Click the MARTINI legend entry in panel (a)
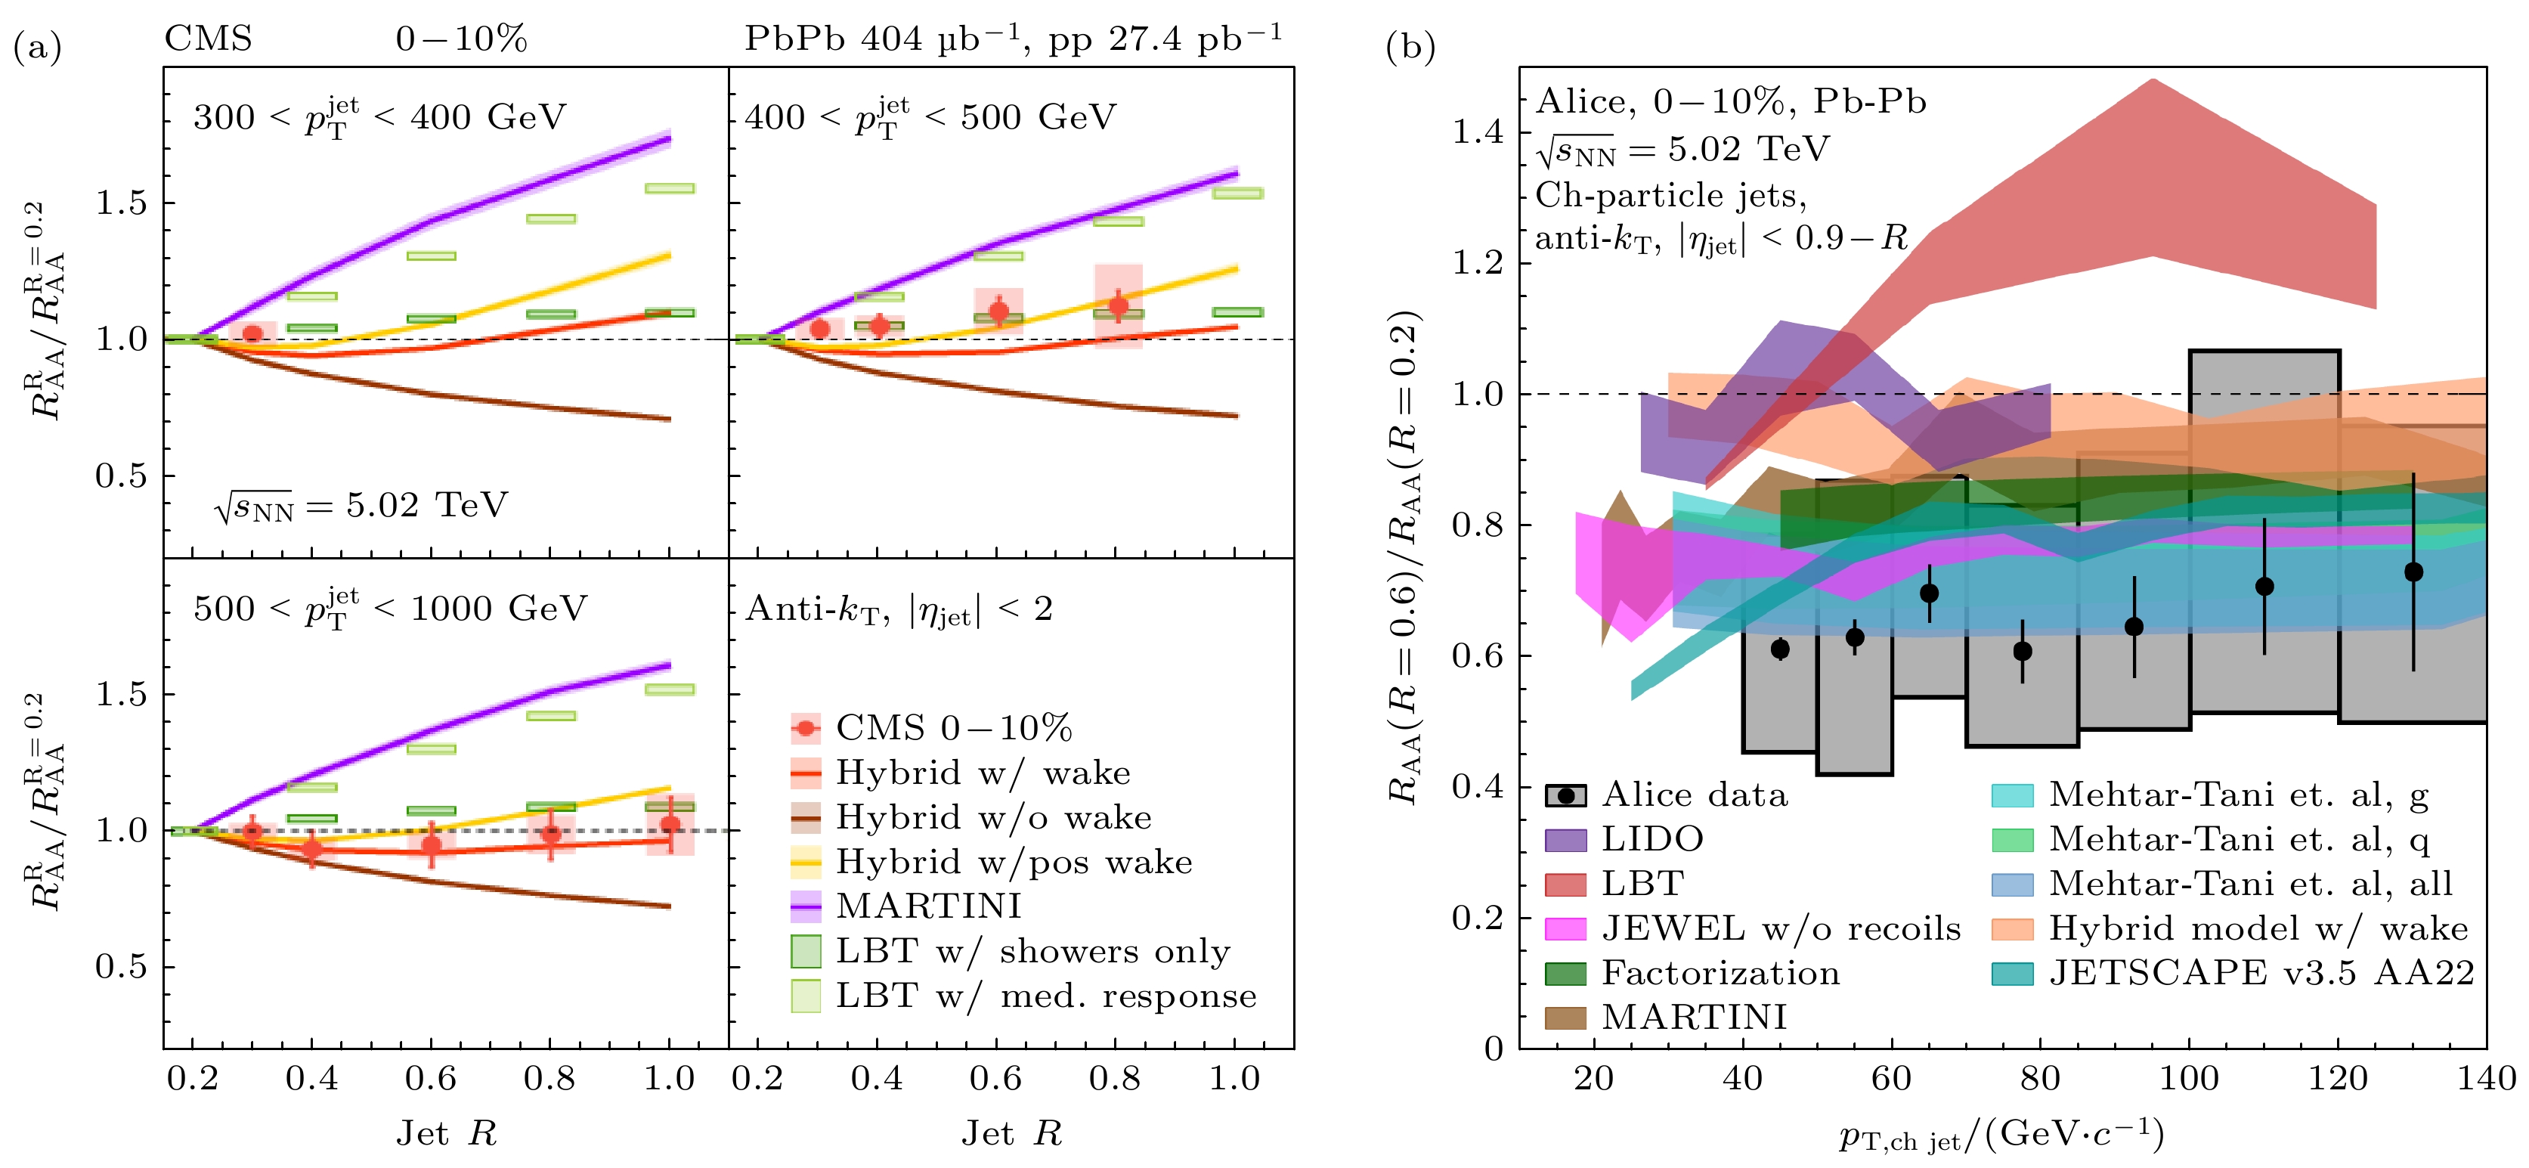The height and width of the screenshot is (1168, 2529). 927,906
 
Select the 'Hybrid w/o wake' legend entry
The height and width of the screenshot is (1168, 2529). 992,817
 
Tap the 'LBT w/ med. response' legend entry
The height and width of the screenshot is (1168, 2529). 1045,996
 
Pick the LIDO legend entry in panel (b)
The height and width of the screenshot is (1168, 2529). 1651,839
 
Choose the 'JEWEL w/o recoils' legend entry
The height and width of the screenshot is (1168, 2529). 1780,928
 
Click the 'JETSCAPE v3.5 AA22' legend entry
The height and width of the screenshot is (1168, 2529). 2261,972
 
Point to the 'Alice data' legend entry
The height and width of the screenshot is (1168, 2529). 1694,795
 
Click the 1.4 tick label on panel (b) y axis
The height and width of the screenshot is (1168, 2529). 1478,132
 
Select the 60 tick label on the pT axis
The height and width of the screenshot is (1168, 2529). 1892,1079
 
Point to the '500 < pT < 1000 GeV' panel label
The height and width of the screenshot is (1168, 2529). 390,608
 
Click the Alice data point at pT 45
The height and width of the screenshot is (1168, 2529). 1780,649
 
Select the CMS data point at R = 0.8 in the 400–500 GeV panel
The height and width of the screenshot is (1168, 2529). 1118,305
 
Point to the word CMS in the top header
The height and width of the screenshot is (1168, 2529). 208,39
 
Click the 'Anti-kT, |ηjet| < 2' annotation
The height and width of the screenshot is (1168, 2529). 899,610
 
